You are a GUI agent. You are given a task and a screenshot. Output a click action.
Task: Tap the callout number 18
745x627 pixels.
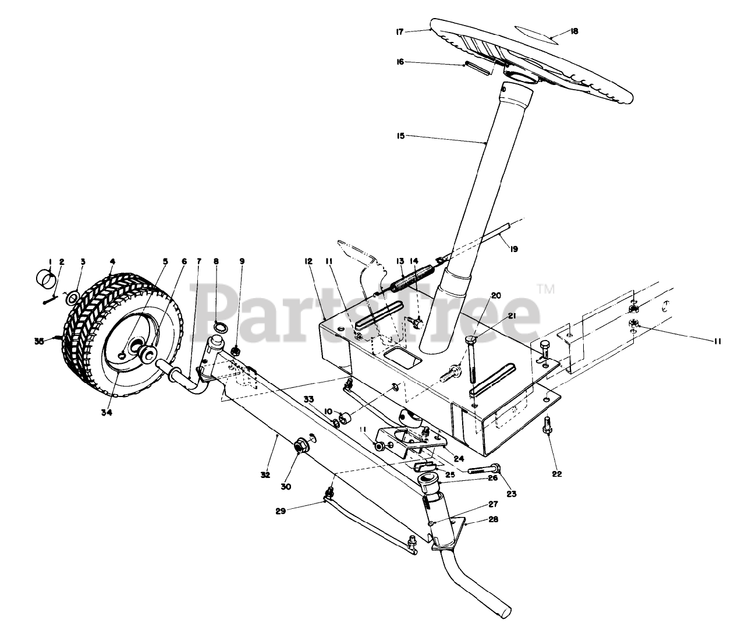[574, 32]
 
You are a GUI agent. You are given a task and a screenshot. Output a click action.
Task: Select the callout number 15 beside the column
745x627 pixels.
[400, 135]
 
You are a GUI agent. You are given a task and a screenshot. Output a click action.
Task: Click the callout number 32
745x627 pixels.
[265, 475]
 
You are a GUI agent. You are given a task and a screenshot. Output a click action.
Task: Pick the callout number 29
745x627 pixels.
[282, 511]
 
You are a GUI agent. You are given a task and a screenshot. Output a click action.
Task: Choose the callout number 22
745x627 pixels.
[557, 474]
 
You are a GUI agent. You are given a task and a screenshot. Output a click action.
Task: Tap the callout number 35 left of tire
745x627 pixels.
[39, 342]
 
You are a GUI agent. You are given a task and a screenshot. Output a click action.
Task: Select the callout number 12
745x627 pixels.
[308, 262]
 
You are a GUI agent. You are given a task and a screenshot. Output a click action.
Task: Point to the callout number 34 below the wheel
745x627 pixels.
[106, 413]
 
